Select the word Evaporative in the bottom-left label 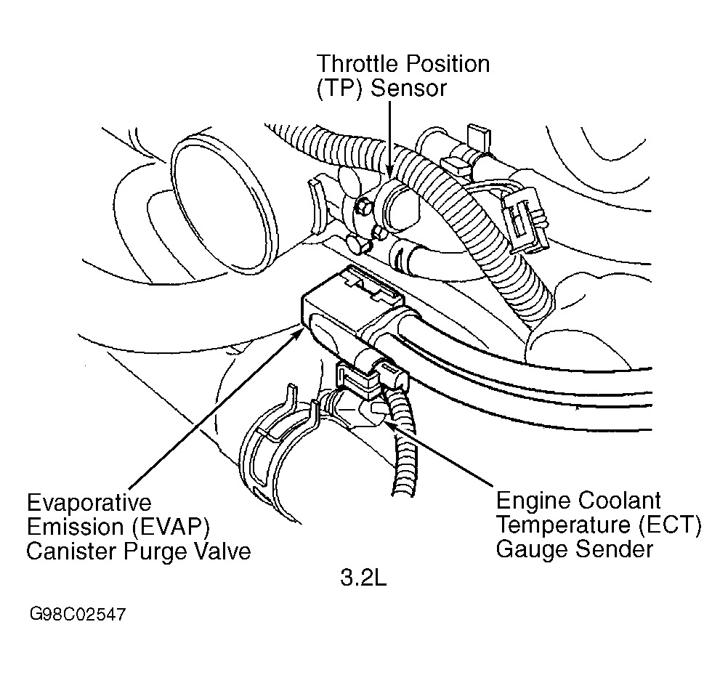(x=89, y=504)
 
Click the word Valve (x=222, y=551)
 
